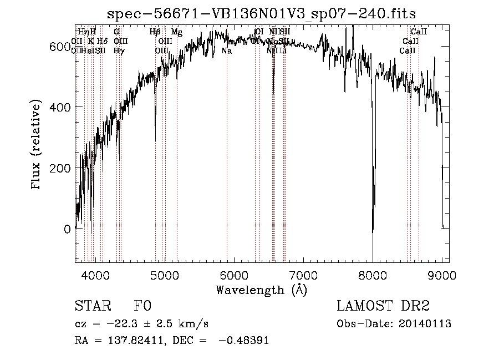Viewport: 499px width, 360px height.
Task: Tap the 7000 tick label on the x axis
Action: (x=303, y=275)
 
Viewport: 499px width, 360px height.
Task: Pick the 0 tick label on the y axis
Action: (x=68, y=229)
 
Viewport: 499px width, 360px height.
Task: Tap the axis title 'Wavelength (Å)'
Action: (x=261, y=290)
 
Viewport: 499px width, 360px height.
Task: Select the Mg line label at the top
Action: (x=176, y=32)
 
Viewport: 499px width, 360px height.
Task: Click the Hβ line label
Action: (x=155, y=32)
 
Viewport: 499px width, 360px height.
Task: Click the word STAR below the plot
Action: (x=93, y=306)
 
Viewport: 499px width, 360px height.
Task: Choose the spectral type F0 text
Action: (x=141, y=306)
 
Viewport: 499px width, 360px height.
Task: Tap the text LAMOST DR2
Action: (x=383, y=306)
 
